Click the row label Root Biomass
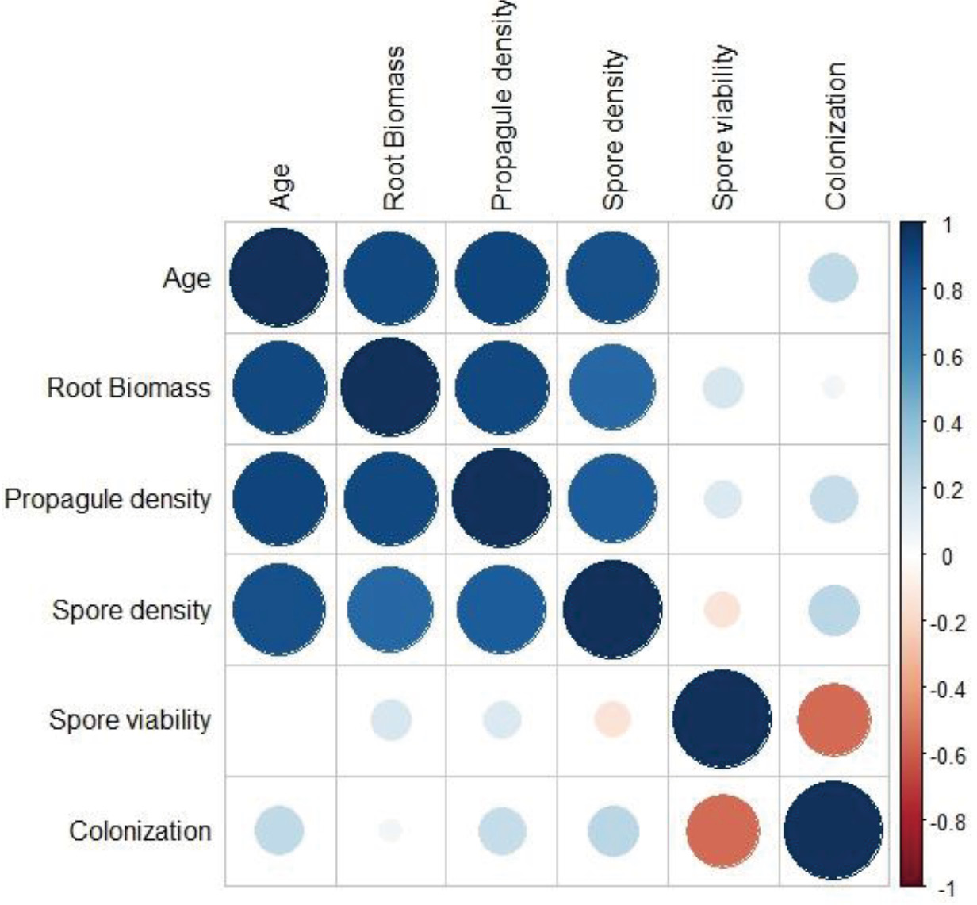[129, 388]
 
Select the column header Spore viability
[722, 128]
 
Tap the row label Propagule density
[108, 500]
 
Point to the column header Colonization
[835, 136]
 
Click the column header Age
[280, 186]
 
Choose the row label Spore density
[132, 610]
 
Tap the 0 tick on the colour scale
[947, 557]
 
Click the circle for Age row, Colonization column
[833, 278]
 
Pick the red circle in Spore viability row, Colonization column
[833, 720]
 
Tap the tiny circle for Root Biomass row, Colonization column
[833, 388]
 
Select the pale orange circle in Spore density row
[722, 610]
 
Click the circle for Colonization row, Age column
[278, 830]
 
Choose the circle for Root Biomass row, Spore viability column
[722, 388]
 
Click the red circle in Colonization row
[722, 830]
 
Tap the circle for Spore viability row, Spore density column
[611, 720]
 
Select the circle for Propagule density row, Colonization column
[833, 500]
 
